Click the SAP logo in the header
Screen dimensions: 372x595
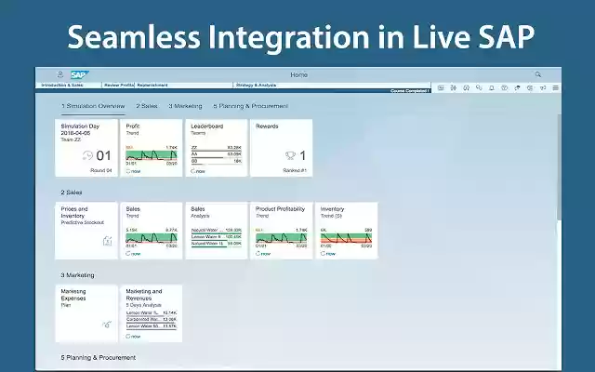coord(78,74)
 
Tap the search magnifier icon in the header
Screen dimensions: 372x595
coord(537,74)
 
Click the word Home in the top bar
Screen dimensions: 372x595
coord(298,74)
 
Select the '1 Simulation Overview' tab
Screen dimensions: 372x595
coord(93,106)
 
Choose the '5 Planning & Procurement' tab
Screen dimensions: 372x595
coord(250,106)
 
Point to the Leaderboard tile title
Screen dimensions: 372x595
coord(207,125)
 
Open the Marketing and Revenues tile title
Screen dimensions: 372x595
coord(145,295)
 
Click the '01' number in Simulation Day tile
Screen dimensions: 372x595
coord(103,156)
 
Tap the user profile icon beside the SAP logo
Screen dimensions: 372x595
coord(60,74)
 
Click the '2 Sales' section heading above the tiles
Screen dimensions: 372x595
coord(73,193)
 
